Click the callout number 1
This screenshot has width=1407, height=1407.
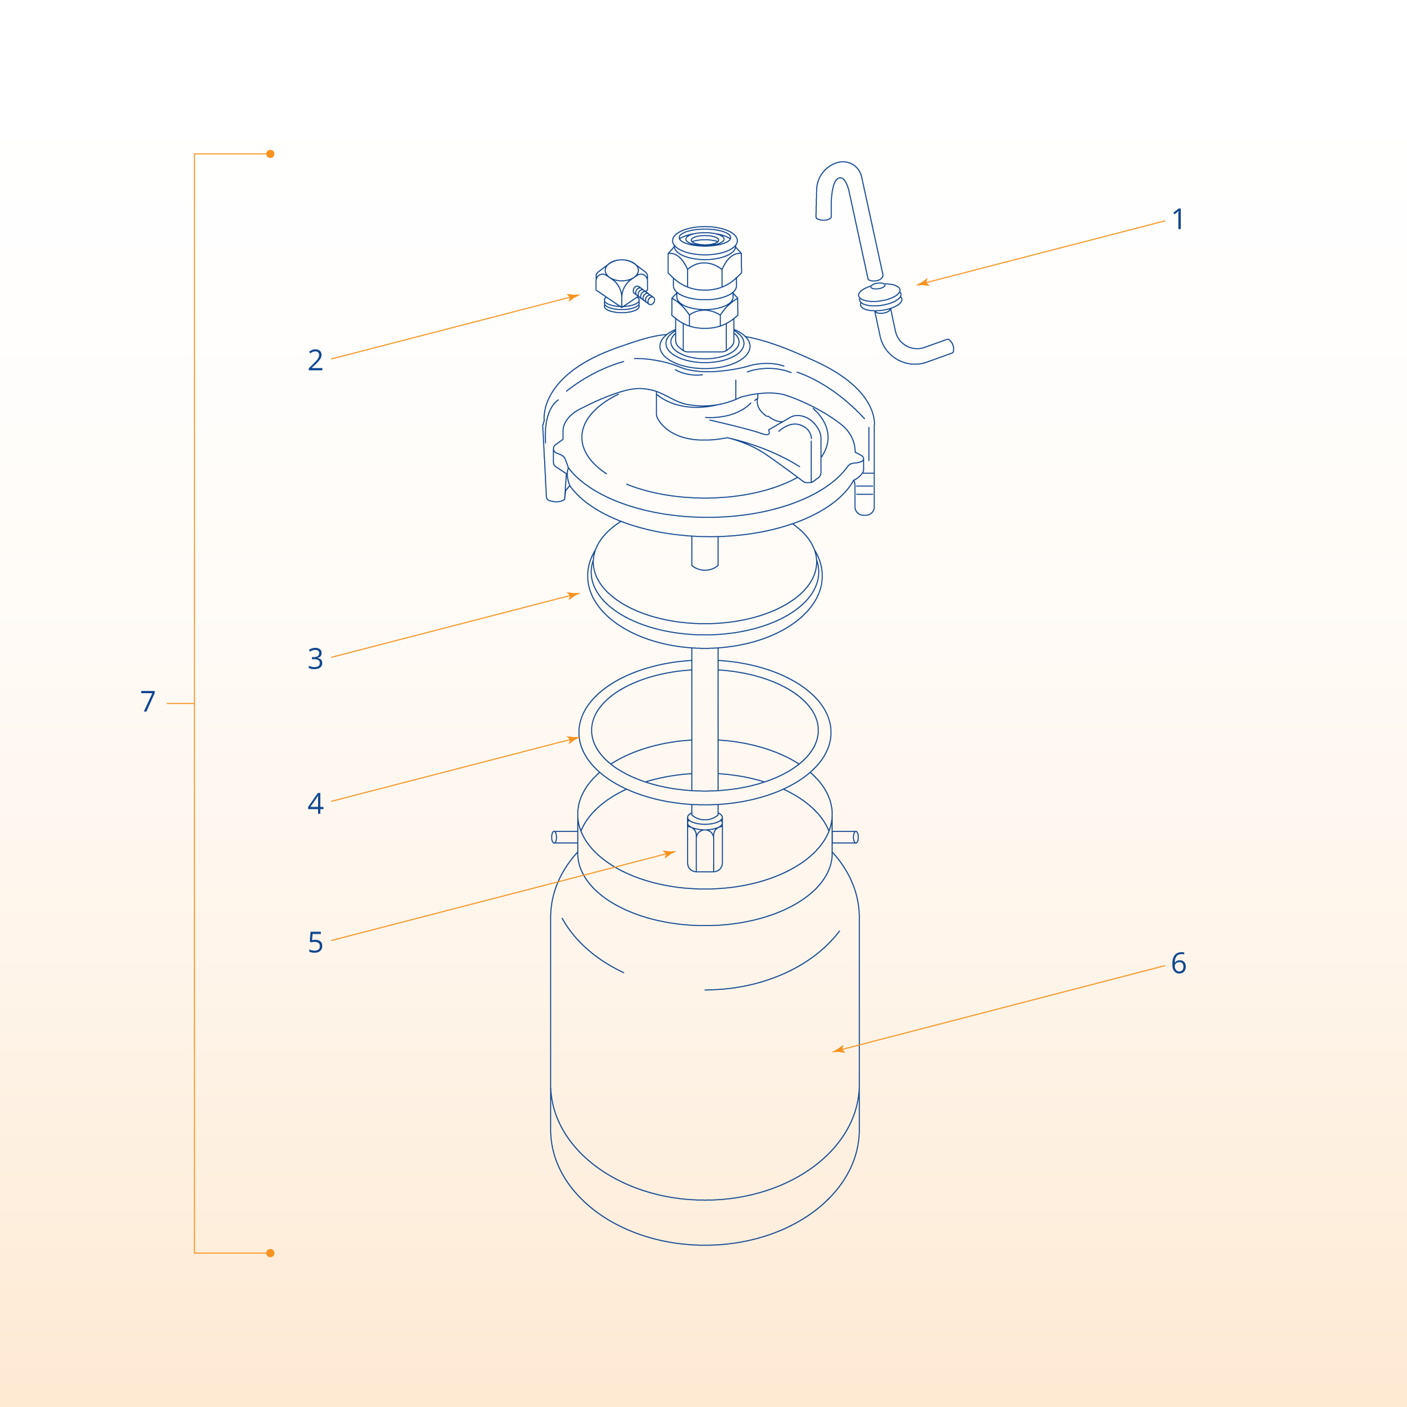pos(1178,219)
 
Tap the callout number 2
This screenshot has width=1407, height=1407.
pos(315,360)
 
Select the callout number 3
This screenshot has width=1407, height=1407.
pos(315,658)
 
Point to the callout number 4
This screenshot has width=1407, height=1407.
pos(315,802)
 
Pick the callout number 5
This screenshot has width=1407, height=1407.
pos(315,942)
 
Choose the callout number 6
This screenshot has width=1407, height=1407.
pos(1178,963)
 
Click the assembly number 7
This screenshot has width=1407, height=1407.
pos(148,701)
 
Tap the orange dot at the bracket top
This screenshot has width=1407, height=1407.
pos(270,154)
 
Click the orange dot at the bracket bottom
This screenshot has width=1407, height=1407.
pos(270,1253)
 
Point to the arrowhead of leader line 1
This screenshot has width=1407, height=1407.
pos(921,282)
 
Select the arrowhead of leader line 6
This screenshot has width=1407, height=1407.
pos(837,1050)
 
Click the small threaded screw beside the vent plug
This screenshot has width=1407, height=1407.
pos(644,295)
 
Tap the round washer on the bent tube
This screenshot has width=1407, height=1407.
pos(880,297)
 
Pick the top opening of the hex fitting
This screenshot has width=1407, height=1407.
pos(704,239)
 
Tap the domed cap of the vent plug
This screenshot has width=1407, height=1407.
pos(621,269)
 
